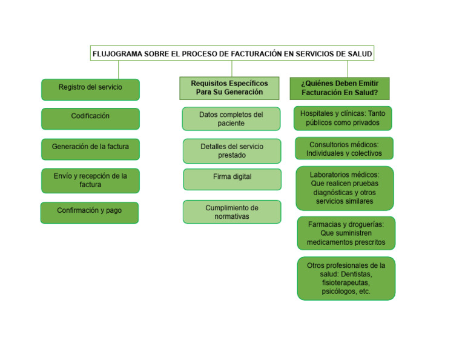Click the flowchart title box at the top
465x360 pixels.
232,53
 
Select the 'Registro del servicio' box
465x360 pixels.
90,89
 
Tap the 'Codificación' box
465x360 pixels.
90,118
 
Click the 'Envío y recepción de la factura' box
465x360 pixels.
90,181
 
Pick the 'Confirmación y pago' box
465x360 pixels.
90,212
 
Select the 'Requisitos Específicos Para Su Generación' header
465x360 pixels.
229,88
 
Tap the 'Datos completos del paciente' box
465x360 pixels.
231,119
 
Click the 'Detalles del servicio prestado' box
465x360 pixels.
232,151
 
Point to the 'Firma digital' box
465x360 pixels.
232,179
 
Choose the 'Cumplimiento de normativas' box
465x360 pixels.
232,212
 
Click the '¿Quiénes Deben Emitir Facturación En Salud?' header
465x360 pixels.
340,88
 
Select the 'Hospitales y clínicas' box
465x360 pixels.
343,118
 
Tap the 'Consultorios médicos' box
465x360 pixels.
344,148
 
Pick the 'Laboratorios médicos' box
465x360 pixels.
345,188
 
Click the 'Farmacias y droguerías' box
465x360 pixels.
346,233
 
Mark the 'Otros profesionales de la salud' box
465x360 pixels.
346,278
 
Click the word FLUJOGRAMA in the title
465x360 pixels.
117,54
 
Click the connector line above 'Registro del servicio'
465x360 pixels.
119,70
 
